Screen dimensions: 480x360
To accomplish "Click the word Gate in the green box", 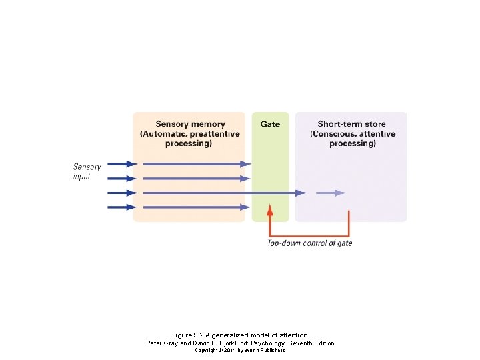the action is (270, 124).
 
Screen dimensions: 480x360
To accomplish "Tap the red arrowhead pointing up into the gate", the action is (270, 210).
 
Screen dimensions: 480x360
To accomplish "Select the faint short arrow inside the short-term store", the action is (331, 193).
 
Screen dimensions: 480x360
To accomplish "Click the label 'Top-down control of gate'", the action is (310, 243).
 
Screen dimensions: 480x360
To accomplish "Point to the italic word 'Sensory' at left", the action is (87, 167).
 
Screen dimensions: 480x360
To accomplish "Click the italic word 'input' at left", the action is (82, 176).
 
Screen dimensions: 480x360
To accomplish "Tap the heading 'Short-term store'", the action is (351, 124).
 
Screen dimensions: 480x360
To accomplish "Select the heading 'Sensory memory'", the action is (190, 124).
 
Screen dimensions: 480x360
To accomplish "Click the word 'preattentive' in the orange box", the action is (215, 134).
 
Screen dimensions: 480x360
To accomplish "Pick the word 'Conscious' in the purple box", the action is (333, 134).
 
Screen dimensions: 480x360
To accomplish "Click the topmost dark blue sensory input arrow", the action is (123, 164).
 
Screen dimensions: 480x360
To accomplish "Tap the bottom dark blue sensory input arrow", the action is (123, 207).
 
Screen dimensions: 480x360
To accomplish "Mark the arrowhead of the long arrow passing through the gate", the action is (301, 193).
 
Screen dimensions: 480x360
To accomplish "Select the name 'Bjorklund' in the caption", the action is (233, 343).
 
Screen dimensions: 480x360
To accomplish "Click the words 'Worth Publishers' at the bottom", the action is (265, 350).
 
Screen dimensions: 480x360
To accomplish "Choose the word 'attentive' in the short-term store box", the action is (377, 134).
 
